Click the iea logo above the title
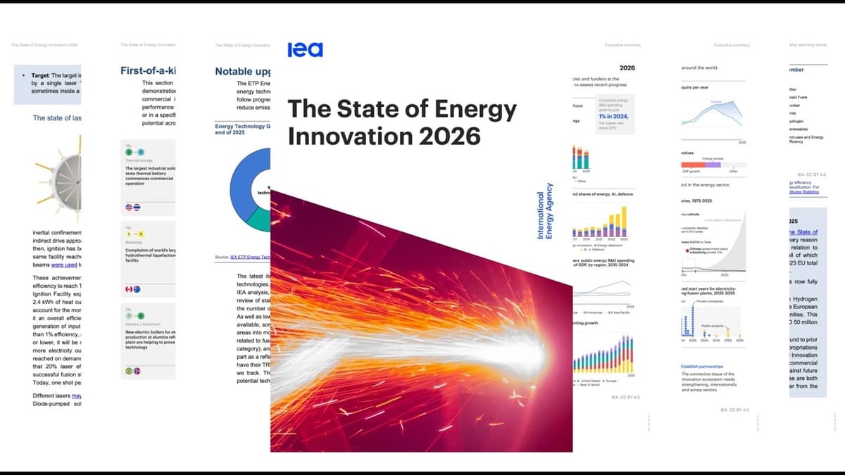(305, 49)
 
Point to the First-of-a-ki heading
(148, 70)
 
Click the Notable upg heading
(242, 71)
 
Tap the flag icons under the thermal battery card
(133, 207)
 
